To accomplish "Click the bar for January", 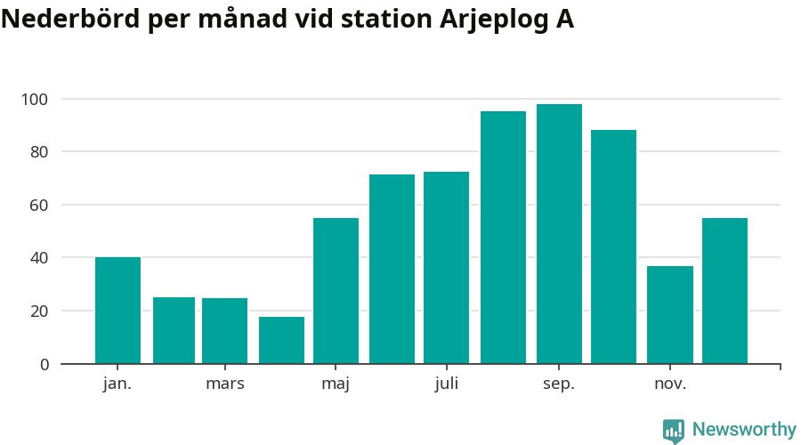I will pyautogui.click(x=117, y=311).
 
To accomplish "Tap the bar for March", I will pyautogui.click(x=224, y=331).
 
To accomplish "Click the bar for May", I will pyautogui.click(x=336, y=291).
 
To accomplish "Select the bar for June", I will pyautogui.click(x=392, y=269).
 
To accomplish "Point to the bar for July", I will pyautogui.click(x=446, y=268).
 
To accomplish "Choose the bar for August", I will pyautogui.click(x=503, y=238).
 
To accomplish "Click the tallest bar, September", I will pyautogui.click(x=559, y=234).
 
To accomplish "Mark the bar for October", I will pyautogui.click(x=613, y=247).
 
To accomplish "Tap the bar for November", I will pyautogui.click(x=669, y=315).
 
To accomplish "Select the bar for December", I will pyautogui.click(x=724, y=291).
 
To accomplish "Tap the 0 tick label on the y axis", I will pyautogui.click(x=43, y=364).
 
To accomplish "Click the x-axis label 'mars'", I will pyautogui.click(x=224, y=384).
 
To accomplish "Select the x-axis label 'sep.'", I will pyautogui.click(x=559, y=384).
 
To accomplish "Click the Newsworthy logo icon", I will pyautogui.click(x=674, y=431).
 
